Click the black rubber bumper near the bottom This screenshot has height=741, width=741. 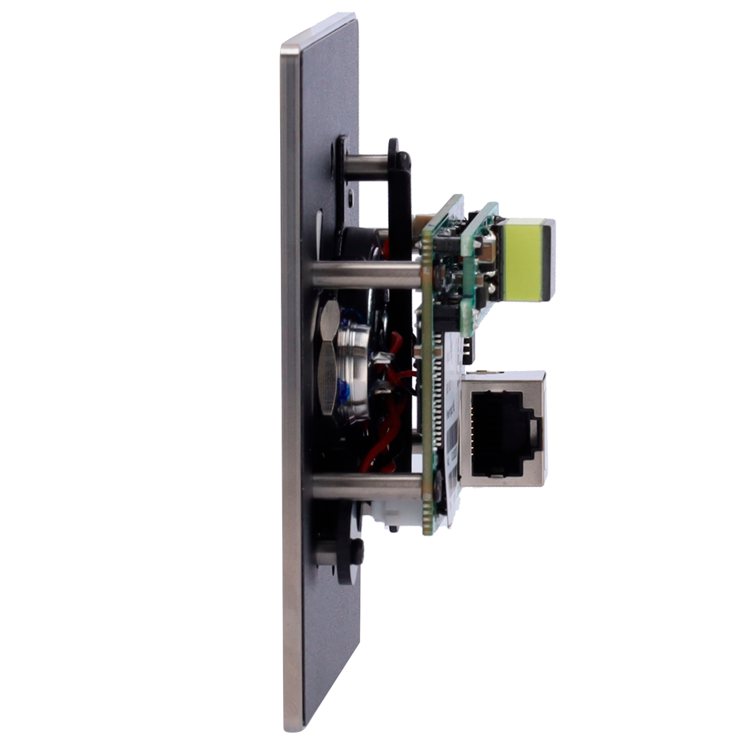point(356,551)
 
